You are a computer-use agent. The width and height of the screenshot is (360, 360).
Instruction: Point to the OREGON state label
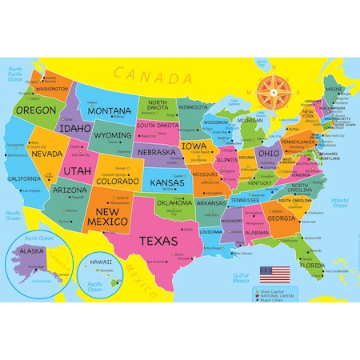(x=36, y=110)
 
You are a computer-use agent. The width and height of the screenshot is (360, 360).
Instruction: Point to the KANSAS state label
(x=169, y=182)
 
